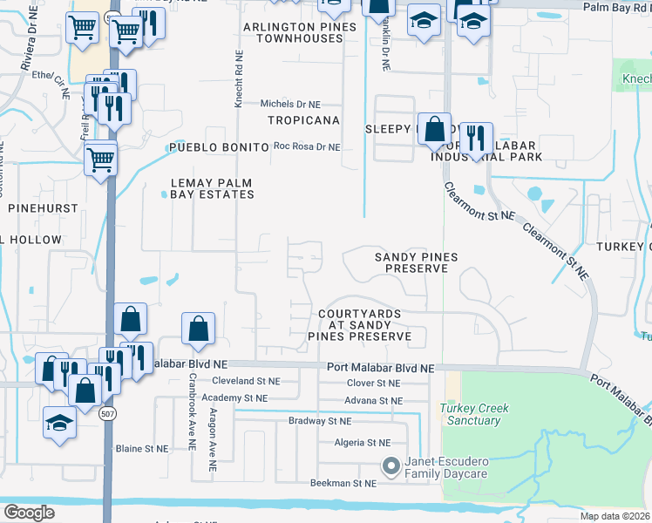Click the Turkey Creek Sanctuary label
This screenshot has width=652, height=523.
(474, 414)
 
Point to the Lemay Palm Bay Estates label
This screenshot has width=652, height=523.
(212, 188)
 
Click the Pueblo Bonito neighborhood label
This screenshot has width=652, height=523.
(219, 148)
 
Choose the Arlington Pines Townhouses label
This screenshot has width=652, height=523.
(300, 34)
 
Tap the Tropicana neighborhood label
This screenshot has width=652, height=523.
(302, 120)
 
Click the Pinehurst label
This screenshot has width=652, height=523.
(43, 208)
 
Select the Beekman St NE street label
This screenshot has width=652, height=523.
(343, 483)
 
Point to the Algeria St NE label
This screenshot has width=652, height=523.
(363, 443)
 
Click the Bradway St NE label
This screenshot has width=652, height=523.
(320, 421)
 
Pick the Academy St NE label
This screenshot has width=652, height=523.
(235, 397)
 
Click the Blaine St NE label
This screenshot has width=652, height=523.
(141, 449)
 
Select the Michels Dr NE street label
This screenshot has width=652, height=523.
(298, 104)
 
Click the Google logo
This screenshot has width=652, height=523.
(29, 513)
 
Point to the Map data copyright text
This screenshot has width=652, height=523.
(615, 516)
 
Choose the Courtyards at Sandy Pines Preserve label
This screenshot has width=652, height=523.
(359, 324)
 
